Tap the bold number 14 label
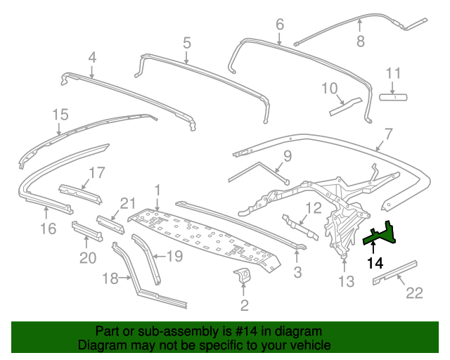tap(375, 264)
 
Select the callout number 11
tap(393, 73)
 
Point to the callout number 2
tap(244, 305)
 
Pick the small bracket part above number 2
tap(243, 276)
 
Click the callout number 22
tap(415, 292)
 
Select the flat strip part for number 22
tap(394, 272)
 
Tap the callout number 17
tap(96, 172)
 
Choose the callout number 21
tap(127, 203)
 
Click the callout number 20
tap(87, 258)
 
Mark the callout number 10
tap(330, 88)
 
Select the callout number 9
tap(287, 155)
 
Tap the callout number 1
tap(158, 189)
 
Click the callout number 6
tap(279, 25)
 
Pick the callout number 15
tap(60, 114)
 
